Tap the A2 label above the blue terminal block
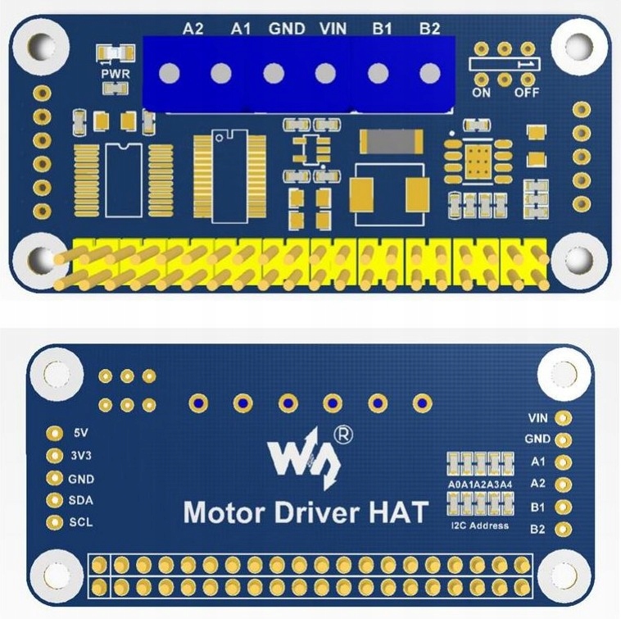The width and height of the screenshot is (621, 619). pyautogui.click(x=193, y=29)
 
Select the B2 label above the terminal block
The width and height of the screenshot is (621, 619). pyautogui.click(x=430, y=29)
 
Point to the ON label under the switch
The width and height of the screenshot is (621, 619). pyautogui.click(x=481, y=93)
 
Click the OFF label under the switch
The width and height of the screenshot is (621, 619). pyautogui.click(x=527, y=93)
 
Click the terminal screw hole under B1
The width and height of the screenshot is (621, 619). pyautogui.click(x=378, y=74)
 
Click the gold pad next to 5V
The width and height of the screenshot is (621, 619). pyautogui.click(x=55, y=434)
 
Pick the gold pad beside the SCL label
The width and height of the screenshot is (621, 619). pyautogui.click(x=55, y=522)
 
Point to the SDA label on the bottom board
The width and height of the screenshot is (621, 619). pyautogui.click(x=81, y=500)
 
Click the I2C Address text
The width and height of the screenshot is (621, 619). pyautogui.click(x=479, y=526)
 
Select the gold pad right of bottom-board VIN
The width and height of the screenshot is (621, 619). pyautogui.click(x=563, y=418)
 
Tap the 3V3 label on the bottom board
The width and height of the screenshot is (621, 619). pyautogui.click(x=82, y=456)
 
